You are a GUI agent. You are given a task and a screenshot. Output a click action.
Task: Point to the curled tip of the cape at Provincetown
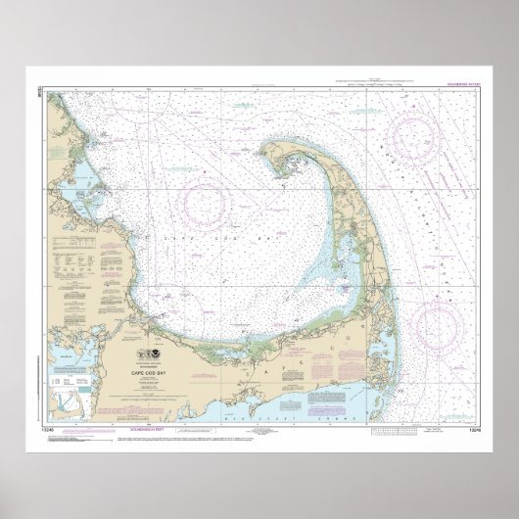click(x=279, y=160)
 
